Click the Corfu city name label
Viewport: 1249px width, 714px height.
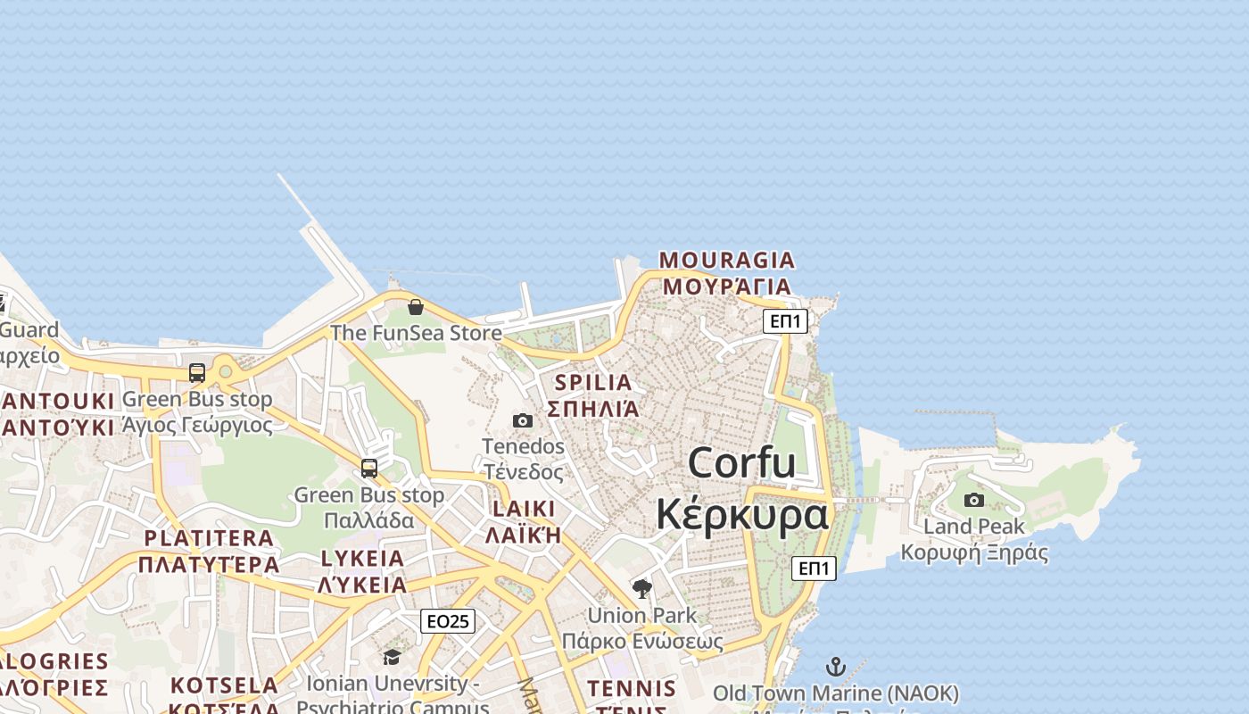point(741,462)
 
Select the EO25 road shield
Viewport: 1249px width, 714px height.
point(448,621)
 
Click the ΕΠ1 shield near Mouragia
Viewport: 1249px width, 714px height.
point(785,321)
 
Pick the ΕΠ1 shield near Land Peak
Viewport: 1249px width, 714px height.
point(814,568)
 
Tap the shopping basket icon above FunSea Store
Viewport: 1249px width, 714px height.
point(416,308)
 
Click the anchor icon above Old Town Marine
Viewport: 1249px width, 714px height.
point(835,667)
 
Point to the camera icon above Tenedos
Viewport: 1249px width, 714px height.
point(523,420)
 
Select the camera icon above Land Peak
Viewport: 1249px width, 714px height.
point(974,500)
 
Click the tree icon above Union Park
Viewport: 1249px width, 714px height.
point(641,589)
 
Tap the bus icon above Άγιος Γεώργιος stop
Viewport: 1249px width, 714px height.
point(197,373)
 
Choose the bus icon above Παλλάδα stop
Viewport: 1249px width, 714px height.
point(369,469)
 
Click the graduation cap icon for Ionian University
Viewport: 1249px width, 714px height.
point(392,658)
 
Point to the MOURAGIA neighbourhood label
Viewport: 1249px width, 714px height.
point(726,260)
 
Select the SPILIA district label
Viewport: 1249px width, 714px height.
point(593,382)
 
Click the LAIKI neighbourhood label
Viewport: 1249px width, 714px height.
point(523,509)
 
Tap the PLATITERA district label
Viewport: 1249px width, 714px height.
point(209,537)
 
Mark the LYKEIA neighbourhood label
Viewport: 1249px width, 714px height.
point(362,559)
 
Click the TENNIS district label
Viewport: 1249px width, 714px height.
point(632,688)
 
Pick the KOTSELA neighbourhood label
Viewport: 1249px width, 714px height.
point(225,685)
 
